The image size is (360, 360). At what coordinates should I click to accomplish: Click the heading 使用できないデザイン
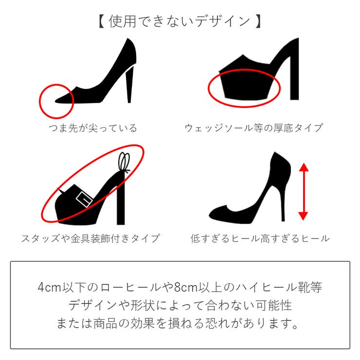180,21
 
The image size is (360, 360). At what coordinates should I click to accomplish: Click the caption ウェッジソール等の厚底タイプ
253,128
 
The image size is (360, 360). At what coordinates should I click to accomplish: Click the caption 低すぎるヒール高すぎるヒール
260,238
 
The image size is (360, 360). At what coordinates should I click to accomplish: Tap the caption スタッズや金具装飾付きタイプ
90,238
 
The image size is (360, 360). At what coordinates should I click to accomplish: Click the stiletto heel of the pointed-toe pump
129,85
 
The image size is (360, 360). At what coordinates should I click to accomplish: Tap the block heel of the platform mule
293,78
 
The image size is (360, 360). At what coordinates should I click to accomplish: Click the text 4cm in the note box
48,288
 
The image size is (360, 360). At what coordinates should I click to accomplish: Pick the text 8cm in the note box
184,288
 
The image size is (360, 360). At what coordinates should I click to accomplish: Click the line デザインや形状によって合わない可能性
180,306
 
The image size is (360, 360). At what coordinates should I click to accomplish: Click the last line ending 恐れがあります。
180,324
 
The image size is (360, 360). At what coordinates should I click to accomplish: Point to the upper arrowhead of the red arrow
303,167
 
